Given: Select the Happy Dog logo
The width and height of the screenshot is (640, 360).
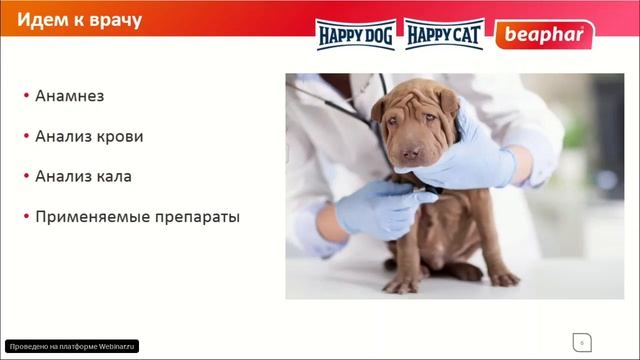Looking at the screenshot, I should [x=357, y=35].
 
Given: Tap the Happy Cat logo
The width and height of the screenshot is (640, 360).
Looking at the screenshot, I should [x=444, y=35].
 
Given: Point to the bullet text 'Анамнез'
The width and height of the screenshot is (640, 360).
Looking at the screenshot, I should [x=69, y=96].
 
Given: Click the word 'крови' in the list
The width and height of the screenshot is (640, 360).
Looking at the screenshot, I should [x=120, y=136].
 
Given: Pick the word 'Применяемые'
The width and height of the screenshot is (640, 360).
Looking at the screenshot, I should [x=86, y=216].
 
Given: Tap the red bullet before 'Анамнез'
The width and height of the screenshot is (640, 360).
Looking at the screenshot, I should [x=25, y=97].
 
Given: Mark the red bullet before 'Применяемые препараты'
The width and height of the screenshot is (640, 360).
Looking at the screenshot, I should [x=25, y=217].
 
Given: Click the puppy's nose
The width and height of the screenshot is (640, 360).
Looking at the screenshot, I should [x=411, y=153].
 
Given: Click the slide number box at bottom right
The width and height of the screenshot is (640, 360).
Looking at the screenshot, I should [x=579, y=339].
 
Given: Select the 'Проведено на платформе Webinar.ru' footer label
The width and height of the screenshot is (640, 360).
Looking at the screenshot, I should [x=71, y=346].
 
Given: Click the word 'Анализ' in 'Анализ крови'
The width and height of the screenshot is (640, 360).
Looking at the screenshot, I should [x=63, y=136].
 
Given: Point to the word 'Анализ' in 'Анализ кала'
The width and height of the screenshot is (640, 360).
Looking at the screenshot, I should [x=63, y=176].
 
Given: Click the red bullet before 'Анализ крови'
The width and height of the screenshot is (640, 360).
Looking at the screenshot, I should [x=25, y=137].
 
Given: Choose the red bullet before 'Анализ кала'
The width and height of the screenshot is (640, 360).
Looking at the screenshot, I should [x=25, y=177].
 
